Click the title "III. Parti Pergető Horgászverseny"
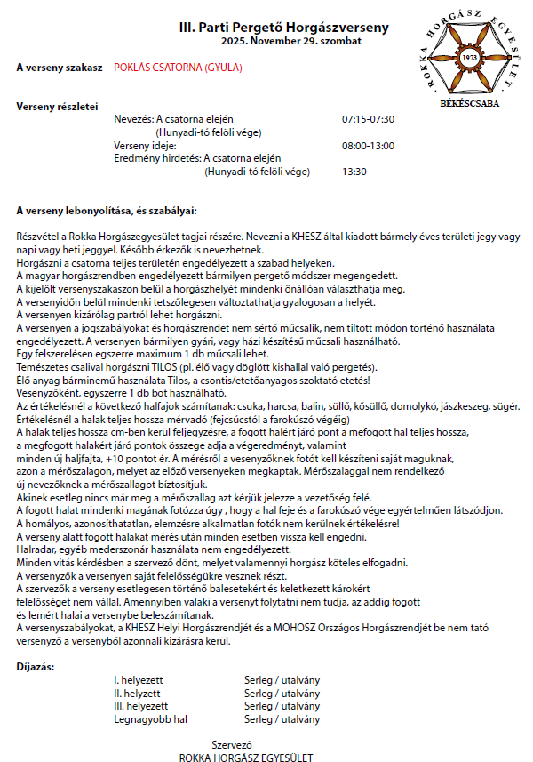pyautogui.click(x=283, y=28)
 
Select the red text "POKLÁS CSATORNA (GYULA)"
pyautogui.click(x=178, y=68)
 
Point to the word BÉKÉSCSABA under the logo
pyautogui.click(x=470, y=103)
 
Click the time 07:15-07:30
pyautogui.click(x=368, y=119)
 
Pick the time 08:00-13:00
pyautogui.click(x=368, y=145)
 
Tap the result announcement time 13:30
pyautogui.click(x=354, y=172)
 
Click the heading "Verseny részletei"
pyautogui.click(x=58, y=107)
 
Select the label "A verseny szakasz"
pyautogui.click(x=60, y=68)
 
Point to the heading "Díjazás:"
pyautogui.click(x=36, y=665)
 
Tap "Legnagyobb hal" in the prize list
pyautogui.click(x=150, y=718)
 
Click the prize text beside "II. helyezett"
pyautogui.click(x=282, y=693)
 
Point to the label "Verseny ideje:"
pyautogui.click(x=146, y=145)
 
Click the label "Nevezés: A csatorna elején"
pyautogui.click(x=174, y=119)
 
